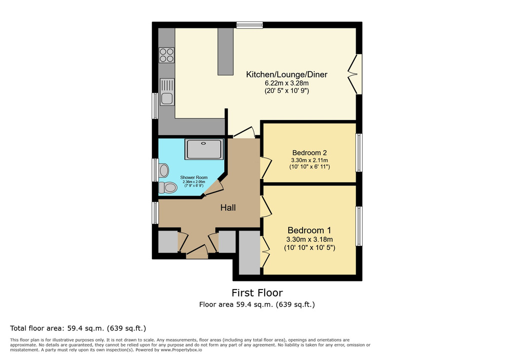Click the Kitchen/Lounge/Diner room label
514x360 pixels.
point(287,74)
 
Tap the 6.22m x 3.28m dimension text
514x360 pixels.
point(287,83)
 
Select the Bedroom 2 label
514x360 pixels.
point(310,152)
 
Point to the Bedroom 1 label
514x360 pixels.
point(310,230)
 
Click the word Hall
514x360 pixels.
point(228,207)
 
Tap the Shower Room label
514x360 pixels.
point(194,177)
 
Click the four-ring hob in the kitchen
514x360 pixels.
point(166,55)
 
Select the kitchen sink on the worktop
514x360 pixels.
point(167,92)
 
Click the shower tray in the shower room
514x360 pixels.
point(204,149)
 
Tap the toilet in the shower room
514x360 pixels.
point(168,187)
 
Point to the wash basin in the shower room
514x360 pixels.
point(163,170)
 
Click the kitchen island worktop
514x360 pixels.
point(226,51)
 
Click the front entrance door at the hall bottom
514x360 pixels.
point(197,252)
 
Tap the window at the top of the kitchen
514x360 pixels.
point(250,25)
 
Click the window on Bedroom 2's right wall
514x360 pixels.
point(359,152)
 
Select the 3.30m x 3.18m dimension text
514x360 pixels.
point(310,239)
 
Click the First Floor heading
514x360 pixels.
point(257,292)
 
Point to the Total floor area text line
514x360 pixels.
point(78,328)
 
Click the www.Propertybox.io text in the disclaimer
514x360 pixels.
point(181,350)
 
